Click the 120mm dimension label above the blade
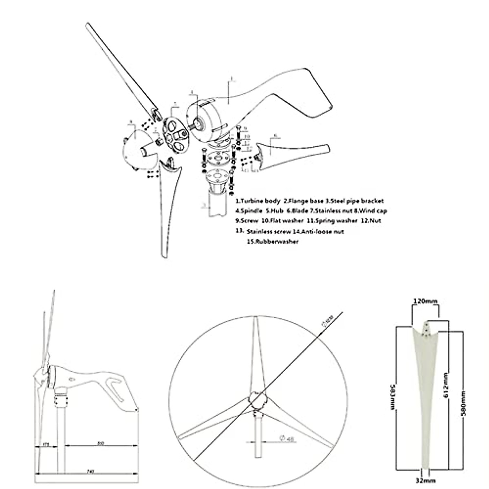[425, 301]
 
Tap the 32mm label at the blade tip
[425, 481]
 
